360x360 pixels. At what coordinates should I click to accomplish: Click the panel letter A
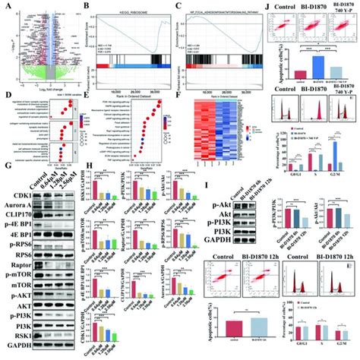tap(6, 6)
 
